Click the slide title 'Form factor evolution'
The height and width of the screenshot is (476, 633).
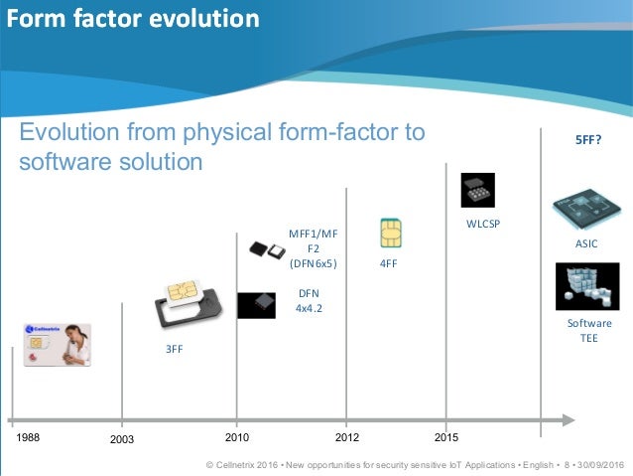(x=133, y=19)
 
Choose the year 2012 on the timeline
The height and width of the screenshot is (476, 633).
(x=346, y=437)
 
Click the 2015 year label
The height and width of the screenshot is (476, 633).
(x=447, y=437)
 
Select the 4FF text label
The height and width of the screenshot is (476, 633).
(x=390, y=264)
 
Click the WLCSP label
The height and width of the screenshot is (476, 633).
(x=483, y=224)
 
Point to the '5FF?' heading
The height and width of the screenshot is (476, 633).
(x=589, y=140)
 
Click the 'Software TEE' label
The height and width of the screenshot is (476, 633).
(x=589, y=331)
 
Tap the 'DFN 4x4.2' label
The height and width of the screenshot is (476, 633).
(x=309, y=301)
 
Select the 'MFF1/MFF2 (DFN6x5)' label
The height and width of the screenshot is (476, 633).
(x=313, y=248)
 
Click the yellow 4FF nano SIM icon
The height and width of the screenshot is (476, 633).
(x=390, y=233)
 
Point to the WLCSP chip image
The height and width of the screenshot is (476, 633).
(x=477, y=190)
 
